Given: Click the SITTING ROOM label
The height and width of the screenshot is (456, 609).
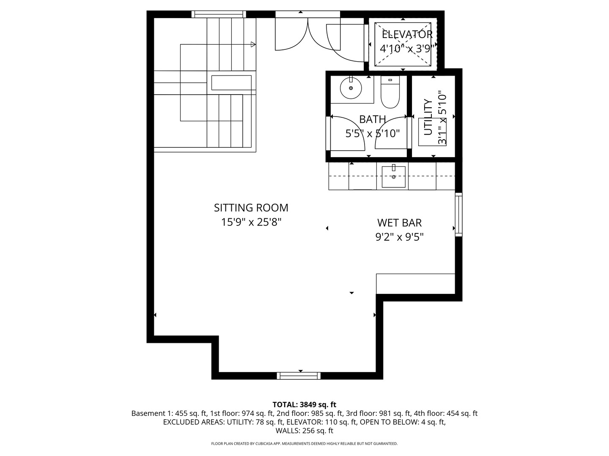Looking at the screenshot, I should (251, 208).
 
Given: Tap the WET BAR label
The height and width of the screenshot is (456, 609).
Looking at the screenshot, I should (399, 223).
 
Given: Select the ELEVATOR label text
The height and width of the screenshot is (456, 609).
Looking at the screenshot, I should (407, 35).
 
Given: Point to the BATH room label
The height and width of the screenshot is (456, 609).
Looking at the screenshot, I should (372, 119).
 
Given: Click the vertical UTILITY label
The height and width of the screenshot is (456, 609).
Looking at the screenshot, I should (428, 117).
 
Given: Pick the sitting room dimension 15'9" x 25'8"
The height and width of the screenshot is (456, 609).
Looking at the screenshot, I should (251, 222).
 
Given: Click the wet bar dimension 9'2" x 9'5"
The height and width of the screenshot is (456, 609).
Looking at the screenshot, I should (399, 237).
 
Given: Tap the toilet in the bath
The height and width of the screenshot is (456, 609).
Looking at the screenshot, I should (390, 92).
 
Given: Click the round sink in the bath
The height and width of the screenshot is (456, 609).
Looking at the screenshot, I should (351, 87).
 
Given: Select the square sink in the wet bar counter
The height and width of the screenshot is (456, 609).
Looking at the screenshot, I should (393, 176).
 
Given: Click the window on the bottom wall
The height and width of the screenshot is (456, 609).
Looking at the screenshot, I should (299, 375).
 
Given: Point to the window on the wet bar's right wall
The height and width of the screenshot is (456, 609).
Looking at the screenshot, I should (458, 214).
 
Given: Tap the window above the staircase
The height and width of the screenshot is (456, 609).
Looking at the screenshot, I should (219, 14).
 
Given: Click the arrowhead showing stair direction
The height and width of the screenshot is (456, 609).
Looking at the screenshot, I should (253, 44).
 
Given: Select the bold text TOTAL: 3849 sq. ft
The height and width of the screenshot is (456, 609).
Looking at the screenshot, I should (304, 404).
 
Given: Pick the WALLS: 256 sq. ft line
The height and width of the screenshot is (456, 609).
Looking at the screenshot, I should (304, 431).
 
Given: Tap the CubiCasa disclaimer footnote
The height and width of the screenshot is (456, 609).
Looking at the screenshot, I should (304, 444).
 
